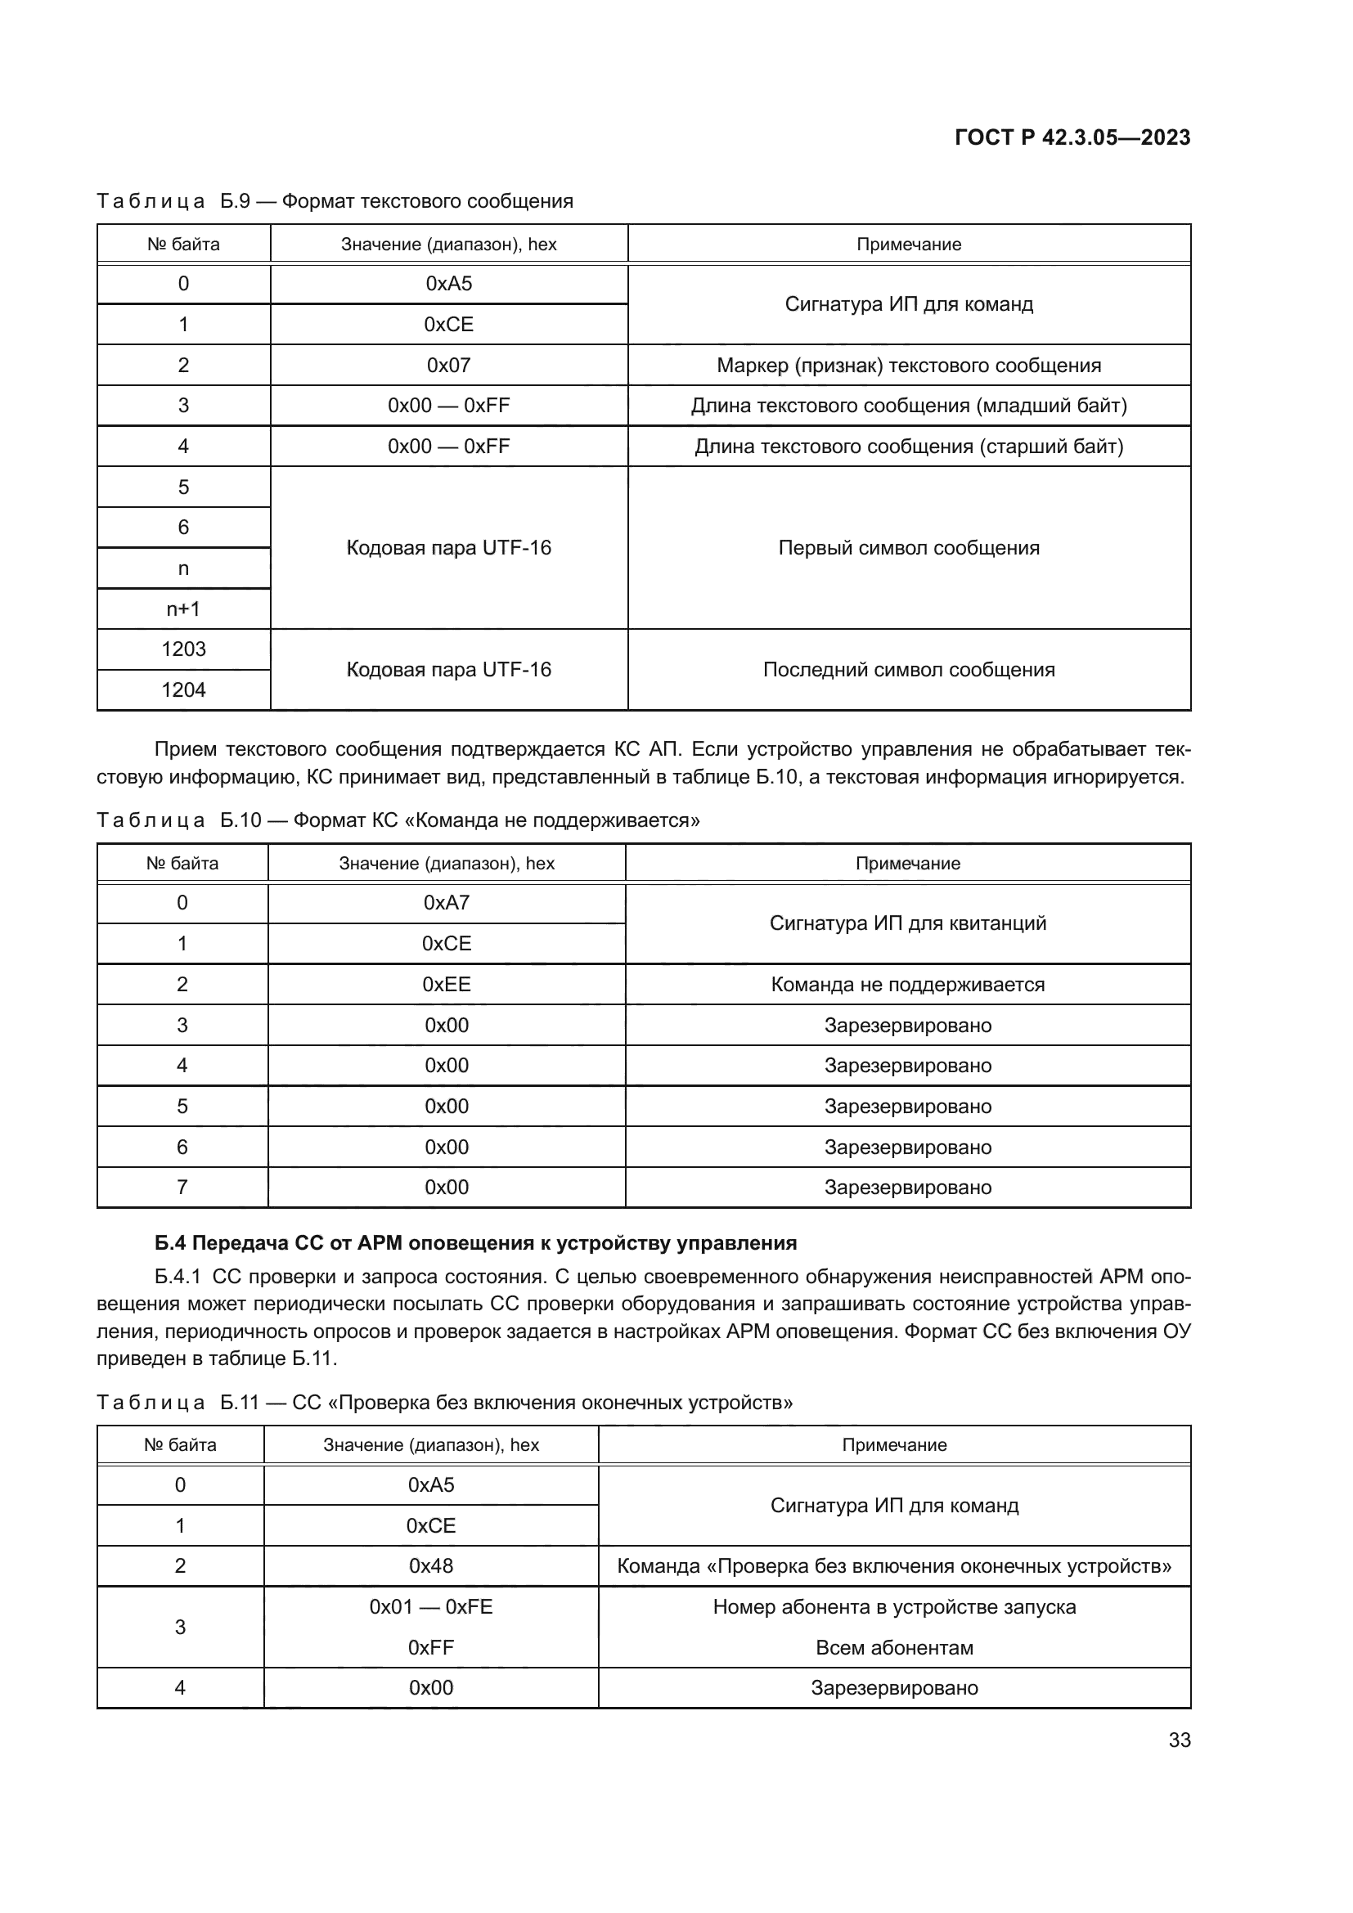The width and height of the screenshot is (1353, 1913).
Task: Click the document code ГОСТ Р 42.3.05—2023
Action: pyautogui.click(x=1072, y=137)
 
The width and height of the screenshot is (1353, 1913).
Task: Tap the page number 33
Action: pyautogui.click(x=1179, y=1740)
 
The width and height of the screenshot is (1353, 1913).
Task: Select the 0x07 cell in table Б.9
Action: pyautogui.click(x=448, y=365)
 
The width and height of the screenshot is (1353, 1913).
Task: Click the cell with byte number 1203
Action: pyautogui.click(x=183, y=649)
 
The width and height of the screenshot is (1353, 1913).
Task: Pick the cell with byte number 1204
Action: pyautogui.click(x=183, y=690)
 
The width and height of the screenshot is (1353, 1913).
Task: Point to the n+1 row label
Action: pyautogui.click(x=183, y=609)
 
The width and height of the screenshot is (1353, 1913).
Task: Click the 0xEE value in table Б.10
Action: pyautogui.click(x=447, y=984)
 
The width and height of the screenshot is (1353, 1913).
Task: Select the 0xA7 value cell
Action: pyautogui.click(x=447, y=903)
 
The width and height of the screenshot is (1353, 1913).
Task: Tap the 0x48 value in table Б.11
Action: pyautogui.click(x=431, y=1565)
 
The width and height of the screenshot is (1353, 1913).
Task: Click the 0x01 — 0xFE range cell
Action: pyautogui.click(x=431, y=1606)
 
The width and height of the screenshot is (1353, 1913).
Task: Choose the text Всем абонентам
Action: pyautogui.click(x=894, y=1647)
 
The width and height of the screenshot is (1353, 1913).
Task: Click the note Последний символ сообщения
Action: pyautogui.click(x=908, y=670)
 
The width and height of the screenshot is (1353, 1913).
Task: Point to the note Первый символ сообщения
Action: pyautogui.click(x=908, y=548)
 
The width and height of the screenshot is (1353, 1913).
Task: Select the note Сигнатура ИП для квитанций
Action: pyautogui.click(x=907, y=923)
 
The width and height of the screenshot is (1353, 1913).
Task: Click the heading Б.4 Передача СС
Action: pyautogui.click(x=475, y=1243)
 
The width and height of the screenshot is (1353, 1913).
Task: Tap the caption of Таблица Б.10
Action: pyautogui.click(x=398, y=820)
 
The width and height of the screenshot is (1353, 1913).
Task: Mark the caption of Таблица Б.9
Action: pyautogui.click(x=335, y=201)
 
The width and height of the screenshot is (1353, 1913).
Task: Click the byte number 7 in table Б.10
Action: pyautogui.click(x=182, y=1188)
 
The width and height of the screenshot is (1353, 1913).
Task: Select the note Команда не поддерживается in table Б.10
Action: pyautogui.click(x=907, y=985)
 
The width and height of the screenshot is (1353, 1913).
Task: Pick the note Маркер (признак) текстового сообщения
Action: pyautogui.click(x=908, y=366)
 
